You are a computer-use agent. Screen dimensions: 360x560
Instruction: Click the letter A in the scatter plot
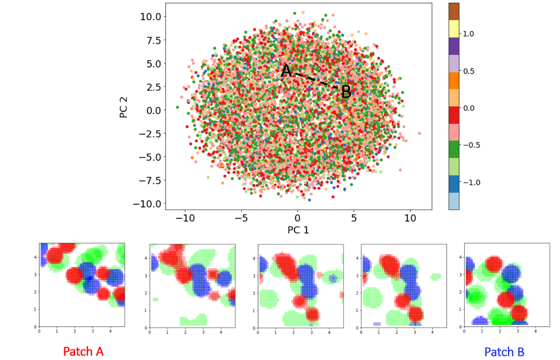click(x=286, y=71)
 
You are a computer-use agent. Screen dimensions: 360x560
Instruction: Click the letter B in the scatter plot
click(x=346, y=92)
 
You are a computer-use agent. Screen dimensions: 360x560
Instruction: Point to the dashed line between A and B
click(x=316, y=81)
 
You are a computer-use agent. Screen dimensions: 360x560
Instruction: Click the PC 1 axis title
click(x=298, y=230)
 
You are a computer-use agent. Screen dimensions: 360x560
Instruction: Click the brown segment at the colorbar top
click(x=454, y=11)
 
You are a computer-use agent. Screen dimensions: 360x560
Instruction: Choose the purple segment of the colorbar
click(x=454, y=46)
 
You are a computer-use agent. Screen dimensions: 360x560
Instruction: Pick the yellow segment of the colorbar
click(x=454, y=29)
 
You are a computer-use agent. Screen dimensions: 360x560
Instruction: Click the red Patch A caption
click(x=83, y=352)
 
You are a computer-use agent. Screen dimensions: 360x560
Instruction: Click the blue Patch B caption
click(x=504, y=352)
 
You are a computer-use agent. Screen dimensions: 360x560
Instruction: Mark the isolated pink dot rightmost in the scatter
click(x=420, y=134)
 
